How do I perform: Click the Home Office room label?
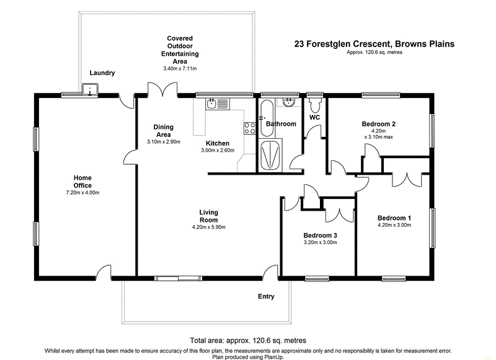(82, 182)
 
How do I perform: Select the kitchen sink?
(212, 104)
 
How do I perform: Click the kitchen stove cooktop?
(250, 128)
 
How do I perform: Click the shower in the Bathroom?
(270, 154)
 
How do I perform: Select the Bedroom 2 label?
(378, 124)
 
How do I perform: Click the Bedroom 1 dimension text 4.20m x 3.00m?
(394, 226)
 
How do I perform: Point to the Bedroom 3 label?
(320, 235)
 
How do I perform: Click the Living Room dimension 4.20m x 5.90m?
(208, 227)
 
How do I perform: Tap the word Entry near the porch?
(266, 297)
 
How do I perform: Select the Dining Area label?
(164, 131)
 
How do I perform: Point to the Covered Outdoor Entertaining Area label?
(180, 50)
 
